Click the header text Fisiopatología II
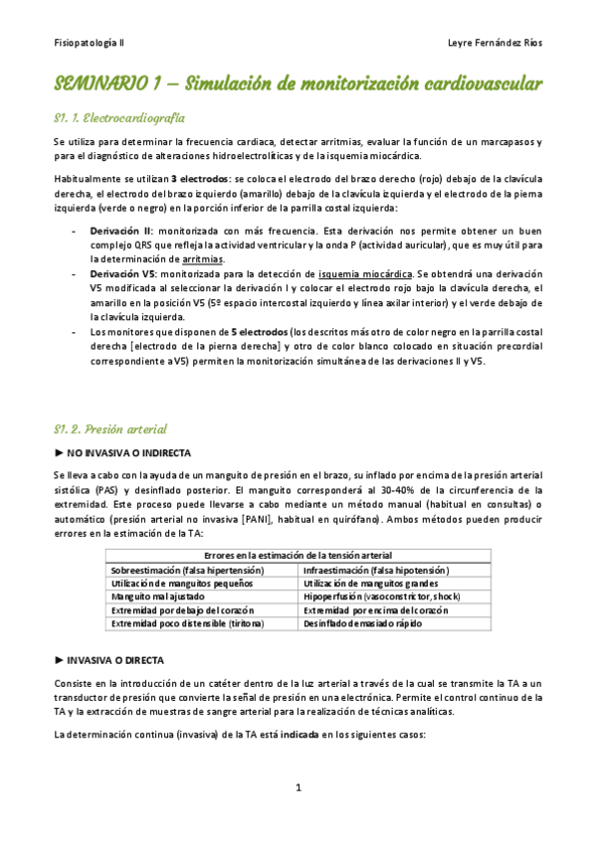pos(90,45)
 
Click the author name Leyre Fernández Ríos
pos(496,45)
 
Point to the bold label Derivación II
pos(120,230)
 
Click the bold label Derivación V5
pos(121,272)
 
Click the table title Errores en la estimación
pos(297,555)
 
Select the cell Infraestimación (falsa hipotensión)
pos(376,570)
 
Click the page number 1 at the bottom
pos(298,788)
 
